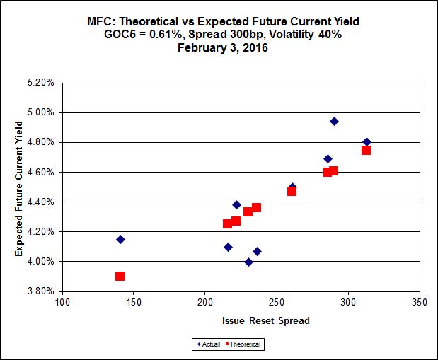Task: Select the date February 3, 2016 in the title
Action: (219, 49)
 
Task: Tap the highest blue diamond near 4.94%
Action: (334, 121)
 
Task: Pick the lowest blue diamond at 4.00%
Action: (248, 262)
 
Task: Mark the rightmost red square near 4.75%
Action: (366, 150)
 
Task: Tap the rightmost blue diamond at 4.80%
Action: (367, 142)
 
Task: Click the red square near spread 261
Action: (292, 191)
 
